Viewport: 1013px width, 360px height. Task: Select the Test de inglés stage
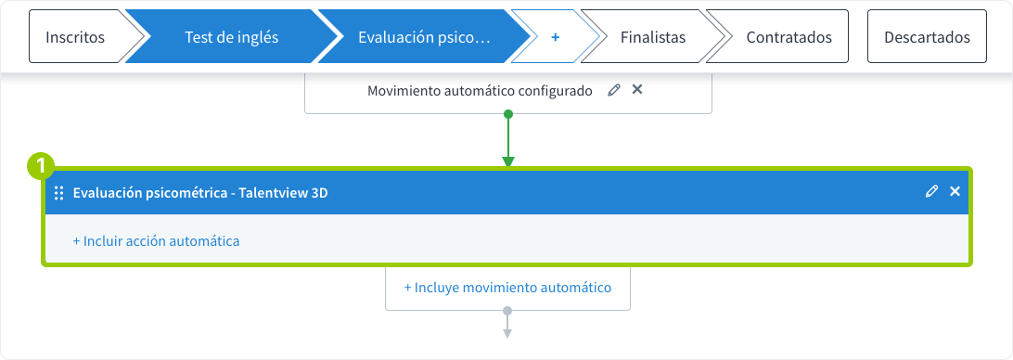pyautogui.click(x=231, y=37)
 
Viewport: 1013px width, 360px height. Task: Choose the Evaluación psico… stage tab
pyautogui.click(x=423, y=37)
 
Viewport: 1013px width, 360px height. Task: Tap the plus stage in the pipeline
pyautogui.click(x=556, y=37)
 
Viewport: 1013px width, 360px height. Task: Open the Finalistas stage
pyautogui.click(x=653, y=37)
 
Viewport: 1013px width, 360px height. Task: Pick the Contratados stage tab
pyautogui.click(x=789, y=37)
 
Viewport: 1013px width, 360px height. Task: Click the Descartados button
pyautogui.click(x=927, y=37)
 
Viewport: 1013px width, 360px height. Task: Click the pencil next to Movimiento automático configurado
pyautogui.click(x=613, y=90)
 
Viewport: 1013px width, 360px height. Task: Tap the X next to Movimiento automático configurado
pyautogui.click(x=637, y=90)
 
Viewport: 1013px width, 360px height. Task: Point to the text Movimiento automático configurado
pyautogui.click(x=480, y=91)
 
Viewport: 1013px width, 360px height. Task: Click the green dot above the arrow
pyautogui.click(x=507, y=114)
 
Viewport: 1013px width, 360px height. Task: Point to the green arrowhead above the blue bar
pyautogui.click(x=507, y=161)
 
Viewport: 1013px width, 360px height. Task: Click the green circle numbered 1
pyautogui.click(x=39, y=166)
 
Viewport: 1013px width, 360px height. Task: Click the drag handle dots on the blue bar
pyautogui.click(x=58, y=193)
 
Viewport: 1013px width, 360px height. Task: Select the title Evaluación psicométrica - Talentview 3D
pyautogui.click(x=200, y=193)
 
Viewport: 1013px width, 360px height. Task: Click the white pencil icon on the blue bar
pyautogui.click(x=931, y=192)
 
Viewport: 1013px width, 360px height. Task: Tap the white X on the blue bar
pyautogui.click(x=955, y=192)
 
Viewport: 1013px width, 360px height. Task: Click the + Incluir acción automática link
pyautogui.click(x=156, y=241)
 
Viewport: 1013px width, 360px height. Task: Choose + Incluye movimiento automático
pyautogui.click(x=507, y=288)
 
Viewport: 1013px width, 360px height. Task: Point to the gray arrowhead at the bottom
pyautogui.click(x=507, y=332)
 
